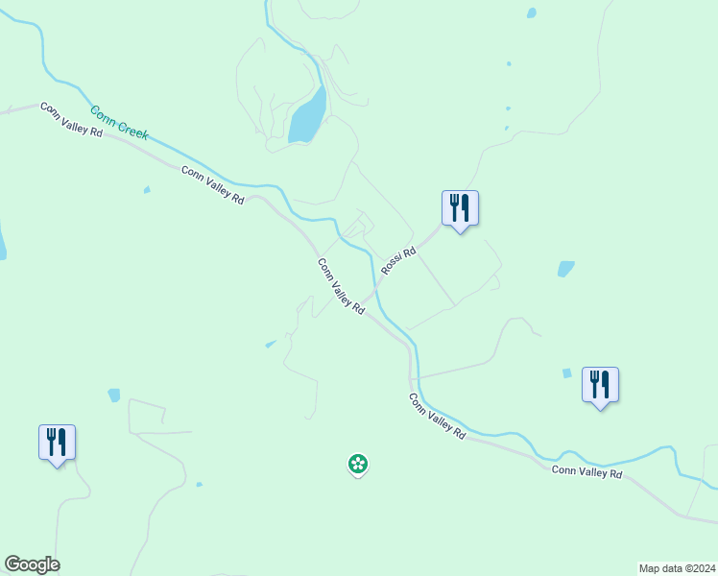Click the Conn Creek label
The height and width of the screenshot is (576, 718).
click(x=120, y=124)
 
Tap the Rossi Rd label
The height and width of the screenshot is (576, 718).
click(x=397, y=261)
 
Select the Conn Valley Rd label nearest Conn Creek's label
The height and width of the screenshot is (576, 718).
click(x=71, y=120)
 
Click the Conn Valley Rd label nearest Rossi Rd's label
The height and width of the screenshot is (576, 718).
click(x=341, y=286)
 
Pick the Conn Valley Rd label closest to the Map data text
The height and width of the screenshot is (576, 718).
click(x=586, y=472)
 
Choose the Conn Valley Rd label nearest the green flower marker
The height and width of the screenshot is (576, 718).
click(x=437, y=416)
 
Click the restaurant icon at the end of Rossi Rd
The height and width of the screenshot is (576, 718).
click(x=460, y=207)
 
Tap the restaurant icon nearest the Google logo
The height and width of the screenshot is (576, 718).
click(x=57, y=442)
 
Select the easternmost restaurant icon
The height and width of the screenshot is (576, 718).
click(x=600, y=384)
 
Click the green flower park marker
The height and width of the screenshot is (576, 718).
click(x=357, y=465)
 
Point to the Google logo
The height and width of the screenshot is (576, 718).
click(x=32, y=564)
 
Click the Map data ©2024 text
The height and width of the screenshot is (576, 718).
click(x=677, y=567)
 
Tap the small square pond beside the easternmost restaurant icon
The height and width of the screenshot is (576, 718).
click(x=566, y=372)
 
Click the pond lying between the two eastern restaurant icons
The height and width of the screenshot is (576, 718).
click(x=566, y=269)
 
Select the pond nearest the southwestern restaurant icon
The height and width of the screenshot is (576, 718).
click(x=114, y=395)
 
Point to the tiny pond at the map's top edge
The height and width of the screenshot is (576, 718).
click(x=531, y=13)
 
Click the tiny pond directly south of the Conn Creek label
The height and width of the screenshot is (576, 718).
click(x=147, y=190)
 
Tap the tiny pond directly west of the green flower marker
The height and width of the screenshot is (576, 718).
click(x=199, y=484)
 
